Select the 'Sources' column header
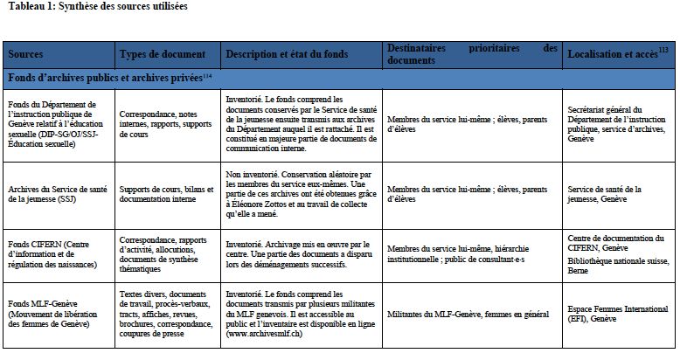[26, 54]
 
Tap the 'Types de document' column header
[162, 54]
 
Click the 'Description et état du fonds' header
[288, 54]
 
